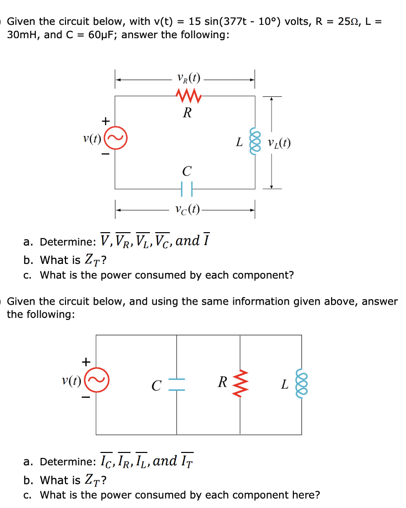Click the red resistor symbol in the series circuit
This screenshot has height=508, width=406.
tap(187, 95)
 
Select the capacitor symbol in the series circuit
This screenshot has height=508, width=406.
tap(187, 189)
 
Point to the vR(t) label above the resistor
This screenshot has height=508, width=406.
tap(188, 78)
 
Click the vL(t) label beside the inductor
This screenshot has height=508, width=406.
tap(279, 143)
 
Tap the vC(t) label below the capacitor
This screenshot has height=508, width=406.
tap(187, 209)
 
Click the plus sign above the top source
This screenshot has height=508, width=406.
tap(105, 121)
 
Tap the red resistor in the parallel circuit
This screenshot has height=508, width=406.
tap(241, 383)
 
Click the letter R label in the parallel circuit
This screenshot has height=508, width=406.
tap(223, 382)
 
